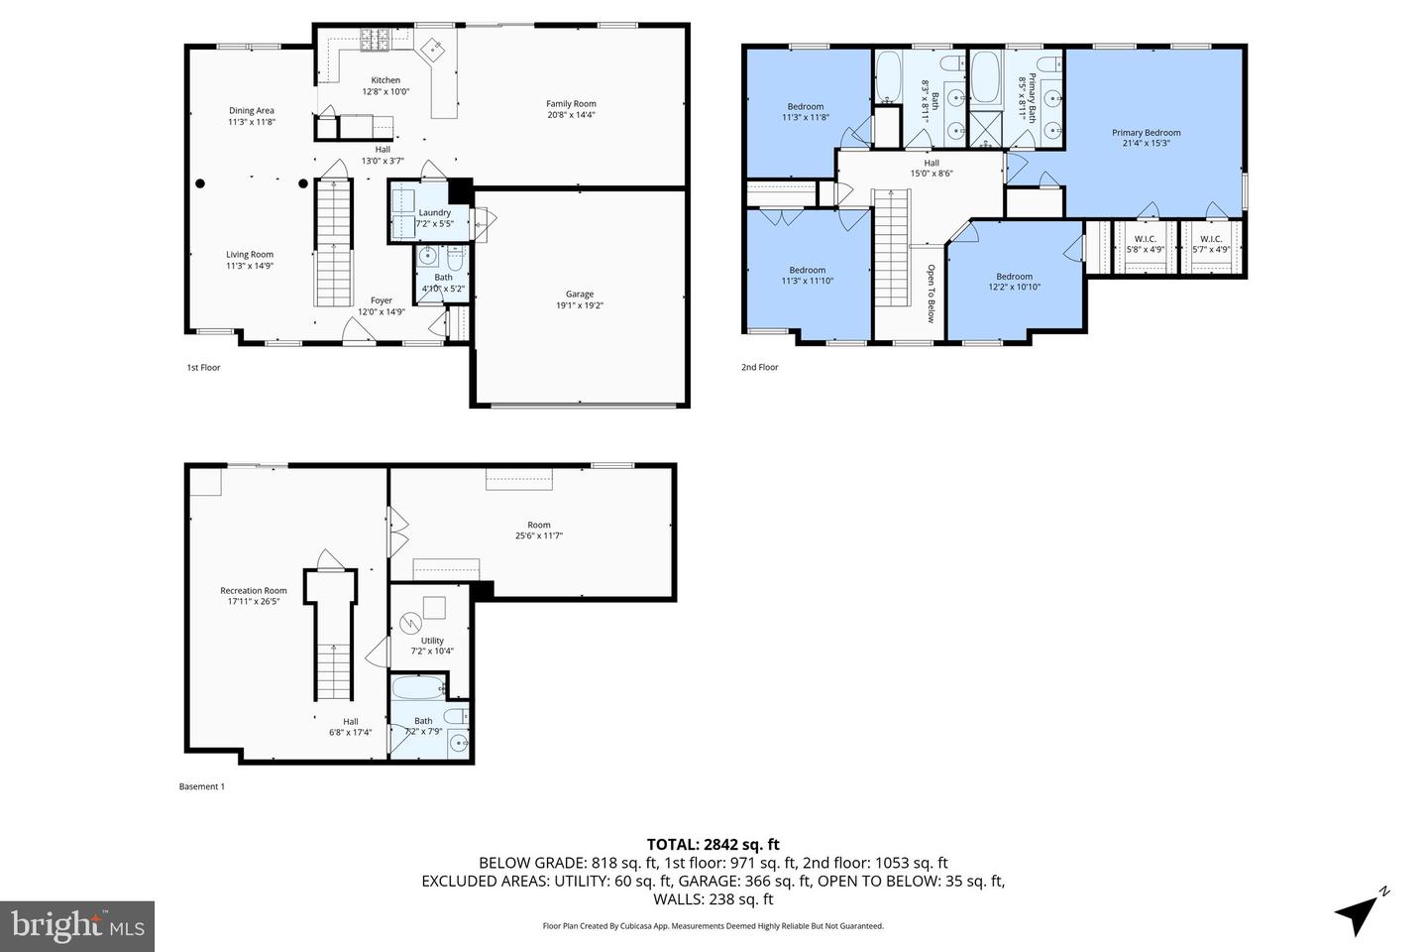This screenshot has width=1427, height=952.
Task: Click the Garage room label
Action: pyautogui.click(x=580, y=294)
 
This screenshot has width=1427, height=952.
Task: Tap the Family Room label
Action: pyautogui.click(x=571, y=103)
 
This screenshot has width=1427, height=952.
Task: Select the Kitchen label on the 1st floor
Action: pyautogui.click(x=385, y=80)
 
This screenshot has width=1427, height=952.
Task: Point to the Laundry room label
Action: pyautogui.click(x=434, y=212)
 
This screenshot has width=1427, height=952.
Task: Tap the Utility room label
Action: pyautogui.click(x=432, y=641)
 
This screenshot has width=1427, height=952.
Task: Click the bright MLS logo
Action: pyautogui.click(x=76, y=926)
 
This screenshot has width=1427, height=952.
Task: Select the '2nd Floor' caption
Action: pyautogui.click(x=760, y=367)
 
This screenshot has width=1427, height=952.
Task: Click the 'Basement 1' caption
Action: pyautogui.click(x=202, y=786)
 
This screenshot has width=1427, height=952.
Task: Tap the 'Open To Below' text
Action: pyautogui.click(x=931, y=294)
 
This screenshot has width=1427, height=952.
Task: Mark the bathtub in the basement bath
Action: pyautogui.click(x=415, y=688)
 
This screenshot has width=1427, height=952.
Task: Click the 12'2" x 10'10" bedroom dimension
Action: pyautogui.click(x=1014, y=288)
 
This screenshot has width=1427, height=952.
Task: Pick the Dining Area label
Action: pyautogui.click(x=251, y=110)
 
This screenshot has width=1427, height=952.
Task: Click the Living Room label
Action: pyautogui.click(x=249, y=254)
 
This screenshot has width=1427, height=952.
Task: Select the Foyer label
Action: pyautogui.click(x=382, y=300)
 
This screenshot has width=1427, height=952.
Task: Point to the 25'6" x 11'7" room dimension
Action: pyautogui.click(x=538, y=535)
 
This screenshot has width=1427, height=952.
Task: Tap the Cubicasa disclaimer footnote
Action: pyautogui.click(x=713, y=925)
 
